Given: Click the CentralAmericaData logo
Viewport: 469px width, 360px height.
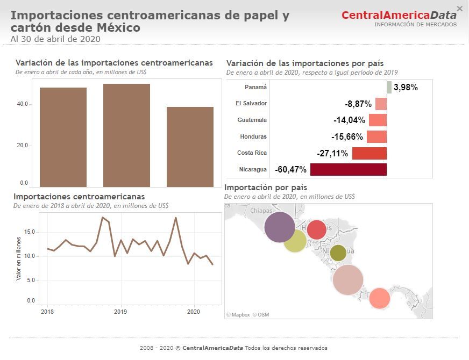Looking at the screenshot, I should point(399,15).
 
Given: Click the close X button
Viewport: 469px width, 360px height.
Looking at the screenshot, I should point(459,8).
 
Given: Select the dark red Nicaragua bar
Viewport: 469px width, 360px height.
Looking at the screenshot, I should point(349,170).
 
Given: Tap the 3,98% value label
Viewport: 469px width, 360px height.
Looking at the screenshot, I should point(406,87).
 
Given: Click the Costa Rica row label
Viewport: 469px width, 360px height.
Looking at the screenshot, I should point(252,153).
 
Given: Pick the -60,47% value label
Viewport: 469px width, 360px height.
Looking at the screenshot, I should point(290,170).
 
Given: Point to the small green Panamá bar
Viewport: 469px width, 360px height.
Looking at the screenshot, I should point(389,87).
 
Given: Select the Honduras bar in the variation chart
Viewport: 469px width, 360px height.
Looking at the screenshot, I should point(376,136).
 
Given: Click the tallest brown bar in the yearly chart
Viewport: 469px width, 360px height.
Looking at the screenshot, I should point(126,135).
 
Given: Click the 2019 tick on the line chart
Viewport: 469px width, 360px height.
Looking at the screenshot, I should point(120,312).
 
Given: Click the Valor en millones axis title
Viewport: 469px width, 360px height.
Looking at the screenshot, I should point(18,258).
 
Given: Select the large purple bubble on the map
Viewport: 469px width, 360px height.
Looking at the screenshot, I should point(280,227).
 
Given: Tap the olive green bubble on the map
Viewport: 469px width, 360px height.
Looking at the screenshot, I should point(338,253).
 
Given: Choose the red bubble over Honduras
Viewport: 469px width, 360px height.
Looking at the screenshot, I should point(316,229).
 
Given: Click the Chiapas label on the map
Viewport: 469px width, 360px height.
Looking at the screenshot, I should point(262,210).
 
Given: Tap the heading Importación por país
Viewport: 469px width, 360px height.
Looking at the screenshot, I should point(266,188).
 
